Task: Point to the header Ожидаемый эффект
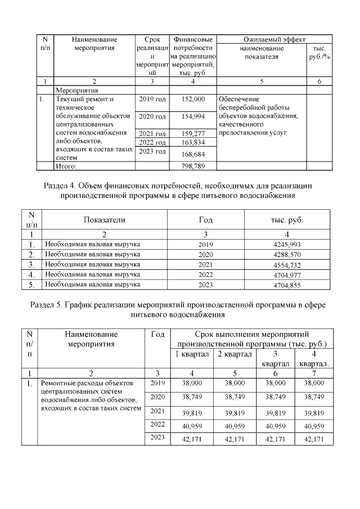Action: click(274, 40)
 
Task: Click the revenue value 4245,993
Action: click(287, 245)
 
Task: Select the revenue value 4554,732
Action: click(287, 264)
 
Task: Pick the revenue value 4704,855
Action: click(287, 285)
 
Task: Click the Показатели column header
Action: click(105, 220)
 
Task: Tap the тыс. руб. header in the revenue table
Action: click(287, 220)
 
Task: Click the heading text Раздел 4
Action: click(60, 185)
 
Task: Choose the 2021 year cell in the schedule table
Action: click(157, 411)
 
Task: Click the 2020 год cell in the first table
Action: click(152, 116)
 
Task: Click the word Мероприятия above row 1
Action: click(76, 89)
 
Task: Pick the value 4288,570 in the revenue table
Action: click(287, 254)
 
